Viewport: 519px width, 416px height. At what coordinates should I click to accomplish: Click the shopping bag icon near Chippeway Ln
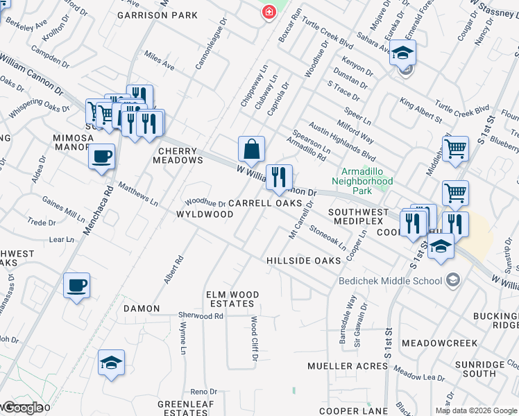coord(251,149)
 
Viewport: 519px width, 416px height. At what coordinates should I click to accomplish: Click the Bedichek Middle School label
coord(390,281)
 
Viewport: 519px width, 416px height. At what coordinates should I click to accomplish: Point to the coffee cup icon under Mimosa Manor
coord(102,156)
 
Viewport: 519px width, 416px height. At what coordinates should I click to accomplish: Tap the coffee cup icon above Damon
coord(77,285)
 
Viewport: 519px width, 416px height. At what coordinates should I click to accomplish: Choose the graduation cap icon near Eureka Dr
coord(402,53)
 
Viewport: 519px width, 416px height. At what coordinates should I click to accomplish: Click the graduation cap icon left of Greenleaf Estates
coord(111,363)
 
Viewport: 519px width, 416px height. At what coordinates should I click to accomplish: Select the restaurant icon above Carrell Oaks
coord(279,178)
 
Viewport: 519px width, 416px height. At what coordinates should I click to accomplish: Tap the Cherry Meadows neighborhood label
coord(180,155)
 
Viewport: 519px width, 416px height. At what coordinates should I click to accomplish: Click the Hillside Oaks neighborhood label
coord(304,260)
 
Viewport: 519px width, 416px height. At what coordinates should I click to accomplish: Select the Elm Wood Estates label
coord(232,300)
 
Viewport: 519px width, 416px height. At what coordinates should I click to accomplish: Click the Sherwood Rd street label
coord(200,315)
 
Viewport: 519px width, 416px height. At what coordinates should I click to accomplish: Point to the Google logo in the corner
coord(23,408)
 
